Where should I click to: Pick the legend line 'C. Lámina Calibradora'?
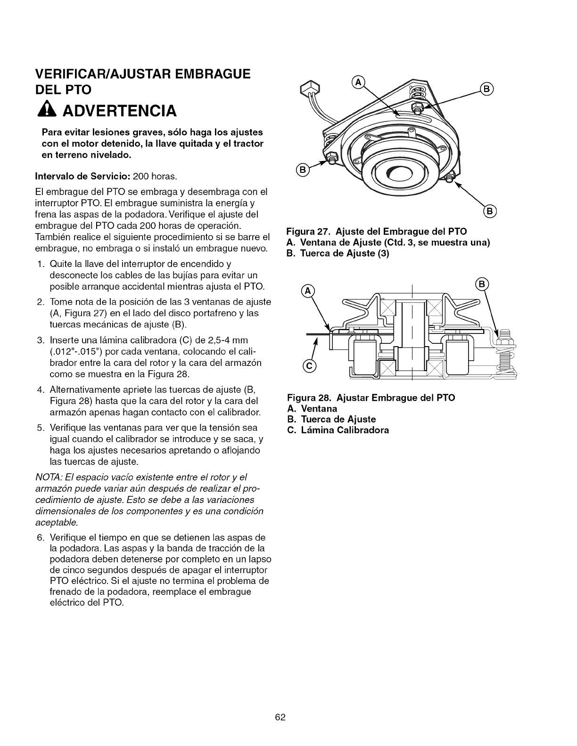(338, 430)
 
